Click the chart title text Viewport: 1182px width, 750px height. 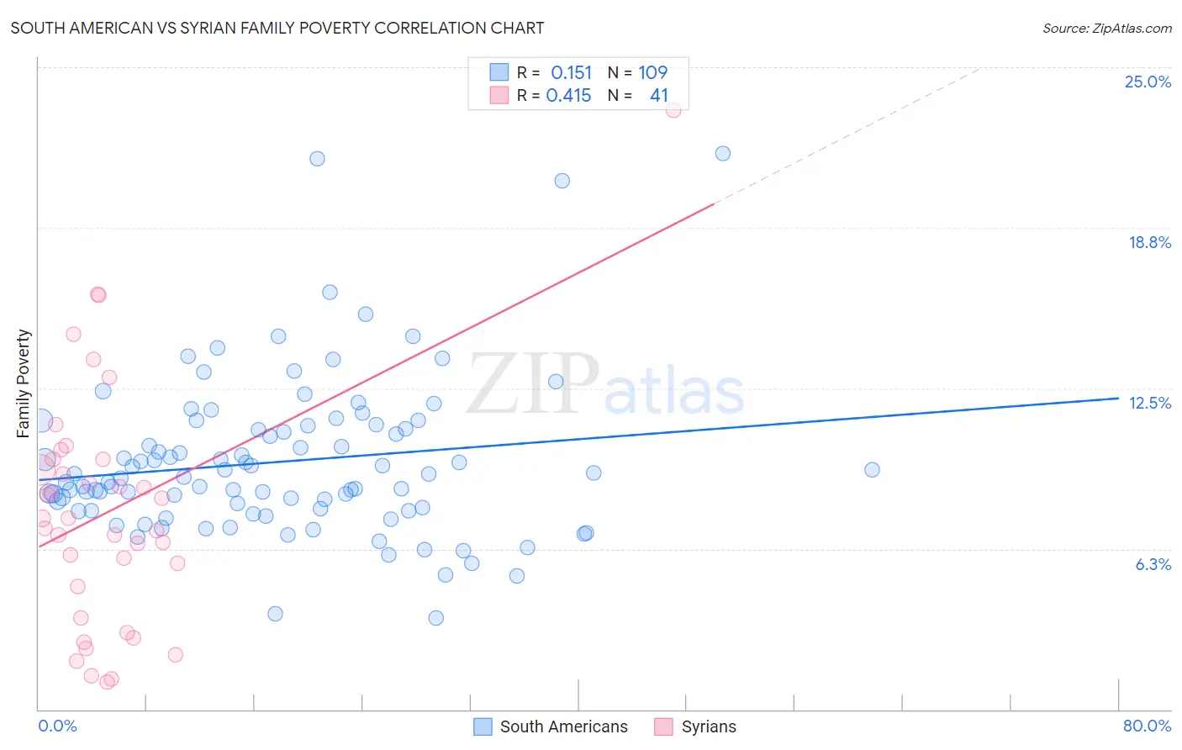(277, 28)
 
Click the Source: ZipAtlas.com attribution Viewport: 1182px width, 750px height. (1106, 28)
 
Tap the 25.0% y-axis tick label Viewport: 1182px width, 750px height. (1148, 82)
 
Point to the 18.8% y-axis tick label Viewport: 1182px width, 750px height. (1149, 242)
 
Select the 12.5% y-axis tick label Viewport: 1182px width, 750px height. (1149, 403)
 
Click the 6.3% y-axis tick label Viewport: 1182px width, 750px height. (1153, 564)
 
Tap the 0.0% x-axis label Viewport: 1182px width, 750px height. (57, 726)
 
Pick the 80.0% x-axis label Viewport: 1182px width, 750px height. (1147, 726)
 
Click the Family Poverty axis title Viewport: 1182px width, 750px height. (23, 383)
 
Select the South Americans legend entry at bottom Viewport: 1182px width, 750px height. (563, 726)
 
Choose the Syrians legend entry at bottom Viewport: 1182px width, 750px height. (708, 726)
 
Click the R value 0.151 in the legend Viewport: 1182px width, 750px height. (572, 72)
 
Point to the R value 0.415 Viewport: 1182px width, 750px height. (569, 95)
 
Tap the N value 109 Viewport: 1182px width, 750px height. (652, 72)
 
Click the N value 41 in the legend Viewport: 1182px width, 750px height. (658, 95)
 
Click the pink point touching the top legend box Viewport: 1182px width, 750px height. (673, 110)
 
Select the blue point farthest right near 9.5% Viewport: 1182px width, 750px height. (872, 470)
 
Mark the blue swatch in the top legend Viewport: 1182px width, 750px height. (499, 72)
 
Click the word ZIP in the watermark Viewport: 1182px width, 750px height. (533, 384)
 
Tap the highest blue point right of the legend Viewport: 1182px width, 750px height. (723, 153)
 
